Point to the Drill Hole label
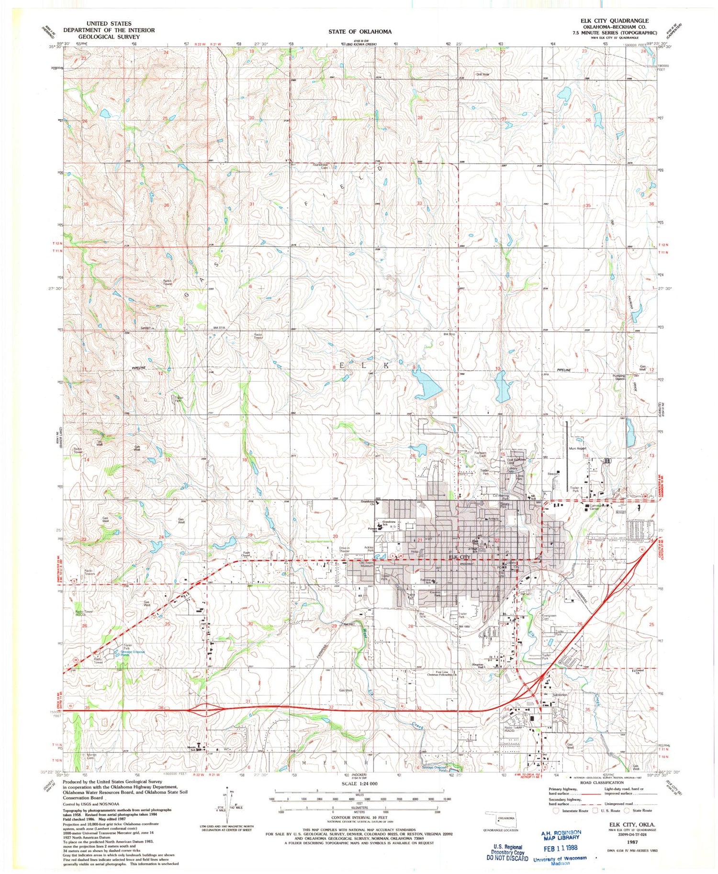[482, 74]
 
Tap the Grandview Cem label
[320, 166]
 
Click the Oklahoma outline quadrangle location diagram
[501, 819]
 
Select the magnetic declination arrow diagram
[227, 804]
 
